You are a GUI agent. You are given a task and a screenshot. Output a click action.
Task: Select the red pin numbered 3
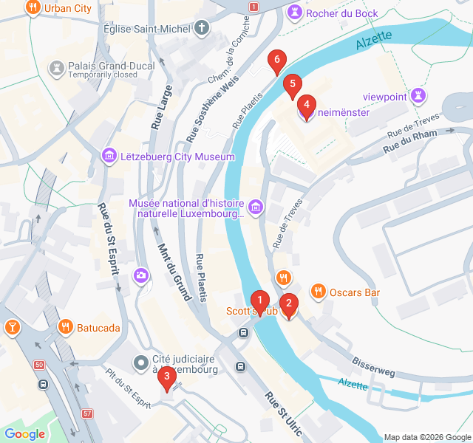167,380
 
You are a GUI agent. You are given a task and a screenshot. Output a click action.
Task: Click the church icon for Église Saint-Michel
202,28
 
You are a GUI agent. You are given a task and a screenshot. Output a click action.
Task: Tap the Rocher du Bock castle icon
295,12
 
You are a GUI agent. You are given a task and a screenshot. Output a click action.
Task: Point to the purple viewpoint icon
419,95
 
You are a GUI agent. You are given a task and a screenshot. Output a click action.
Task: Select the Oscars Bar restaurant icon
318,292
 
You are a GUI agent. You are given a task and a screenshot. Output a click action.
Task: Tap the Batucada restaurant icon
65,326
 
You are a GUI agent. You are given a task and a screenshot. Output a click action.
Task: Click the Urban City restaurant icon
33,9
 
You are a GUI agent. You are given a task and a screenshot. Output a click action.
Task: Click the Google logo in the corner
24,434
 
